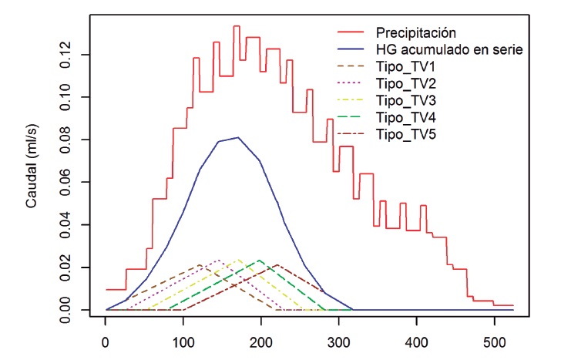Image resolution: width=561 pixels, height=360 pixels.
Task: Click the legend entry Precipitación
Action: point(416,33)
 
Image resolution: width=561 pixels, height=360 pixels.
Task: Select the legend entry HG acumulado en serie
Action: point(450,50)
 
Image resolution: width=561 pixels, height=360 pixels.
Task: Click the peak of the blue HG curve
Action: point(238,138)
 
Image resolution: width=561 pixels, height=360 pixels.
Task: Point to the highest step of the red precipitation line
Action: point(237,26)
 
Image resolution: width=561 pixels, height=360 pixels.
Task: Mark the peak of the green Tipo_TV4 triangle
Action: point(260,261)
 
